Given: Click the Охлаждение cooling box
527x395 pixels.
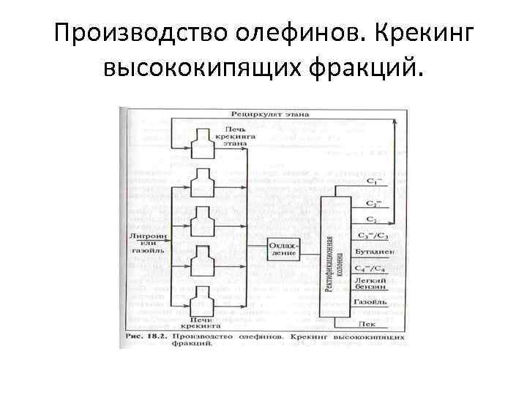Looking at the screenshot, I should tap(283, 248).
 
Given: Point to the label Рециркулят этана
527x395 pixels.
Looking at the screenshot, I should tap(271, 115).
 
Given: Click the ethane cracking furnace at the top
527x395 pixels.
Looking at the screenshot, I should tap(202, 136).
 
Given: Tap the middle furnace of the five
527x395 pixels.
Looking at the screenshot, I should tap(202, 219).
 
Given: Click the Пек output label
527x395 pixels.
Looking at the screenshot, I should tap(367, 323).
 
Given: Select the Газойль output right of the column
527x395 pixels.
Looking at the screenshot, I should tap(370, 301).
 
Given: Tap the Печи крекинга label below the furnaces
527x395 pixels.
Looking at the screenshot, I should tap(201, 323).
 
